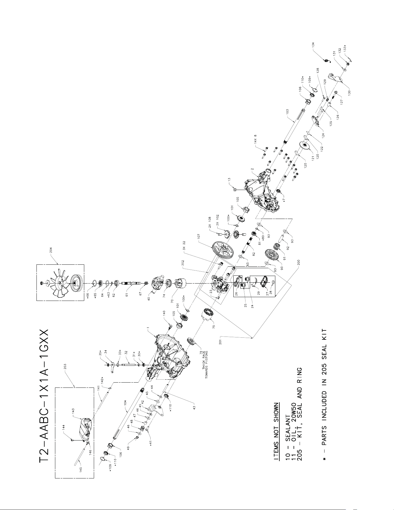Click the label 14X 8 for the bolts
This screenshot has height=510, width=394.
pos(255,140)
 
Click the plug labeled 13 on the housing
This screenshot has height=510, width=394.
pos(234,189)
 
